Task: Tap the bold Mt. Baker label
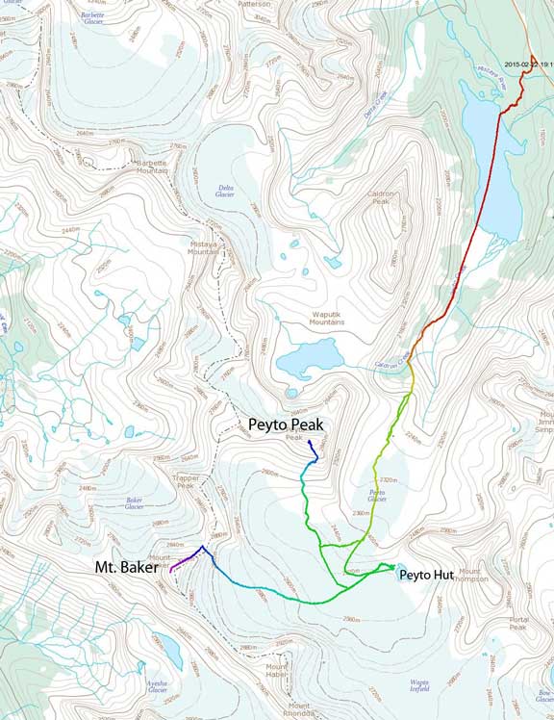tap(129, 567)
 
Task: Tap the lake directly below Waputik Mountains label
tap(309, 361)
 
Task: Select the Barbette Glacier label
tap(92, 18)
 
